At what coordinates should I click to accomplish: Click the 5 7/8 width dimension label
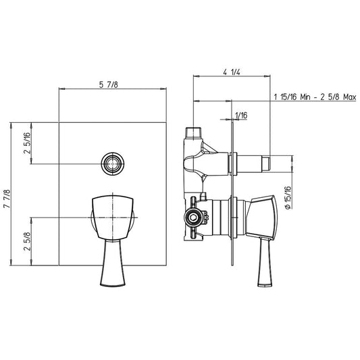pos(108,84)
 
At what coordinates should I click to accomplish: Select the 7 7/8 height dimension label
pos(7,199)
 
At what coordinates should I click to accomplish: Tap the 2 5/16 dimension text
pos(27,143)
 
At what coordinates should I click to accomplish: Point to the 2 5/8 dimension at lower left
pos(27,241)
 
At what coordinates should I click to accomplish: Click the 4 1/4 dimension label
pos(232,72)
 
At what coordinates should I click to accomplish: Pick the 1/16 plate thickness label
pos(241,115)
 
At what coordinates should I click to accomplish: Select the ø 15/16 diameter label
pos(288,197)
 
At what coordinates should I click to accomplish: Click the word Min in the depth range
pos(305,97)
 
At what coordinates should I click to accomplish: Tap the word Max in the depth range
pos(349,97)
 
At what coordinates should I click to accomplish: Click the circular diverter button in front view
pos(113,164)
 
